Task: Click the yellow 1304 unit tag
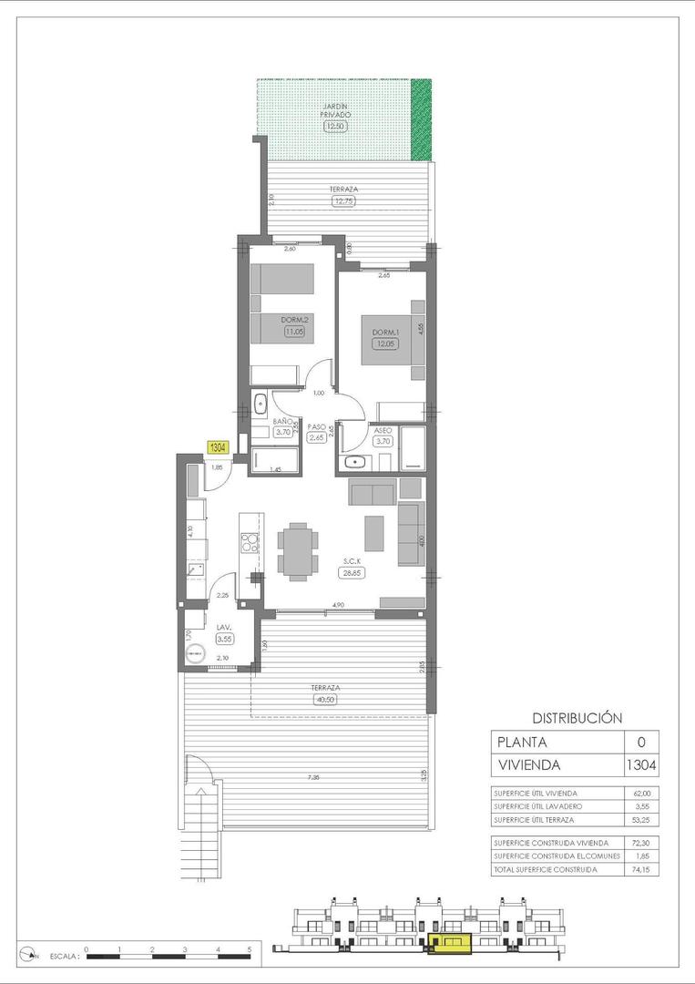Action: pyautogui.click(x=218, y=447)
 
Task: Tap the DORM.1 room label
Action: pyautogui.click(x=382, y=333)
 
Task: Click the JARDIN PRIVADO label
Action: pyautogui.click(x=335, y=111)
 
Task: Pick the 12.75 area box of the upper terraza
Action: pyautogui.click(x=343, y=200)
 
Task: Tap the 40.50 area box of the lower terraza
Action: pyautogui.click(x=325, y=700)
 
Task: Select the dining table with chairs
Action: pyautogui.click(x=299, y=550)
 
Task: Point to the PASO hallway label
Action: pyautogui.click(x=317, y=426)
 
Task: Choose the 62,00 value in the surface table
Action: pyautogui.click(x=641, y=793)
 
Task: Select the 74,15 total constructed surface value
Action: pyautogui.click(x=641, y=870)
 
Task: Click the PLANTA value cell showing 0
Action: pyautogui.click(x=641, y=743)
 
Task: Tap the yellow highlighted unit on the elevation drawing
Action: pyautogui.click(x=448, y=943)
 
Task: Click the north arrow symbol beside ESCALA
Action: pyautogui.click(x=33, y=955)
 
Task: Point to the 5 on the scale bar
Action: pyautogui.click(x=250, y=949)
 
